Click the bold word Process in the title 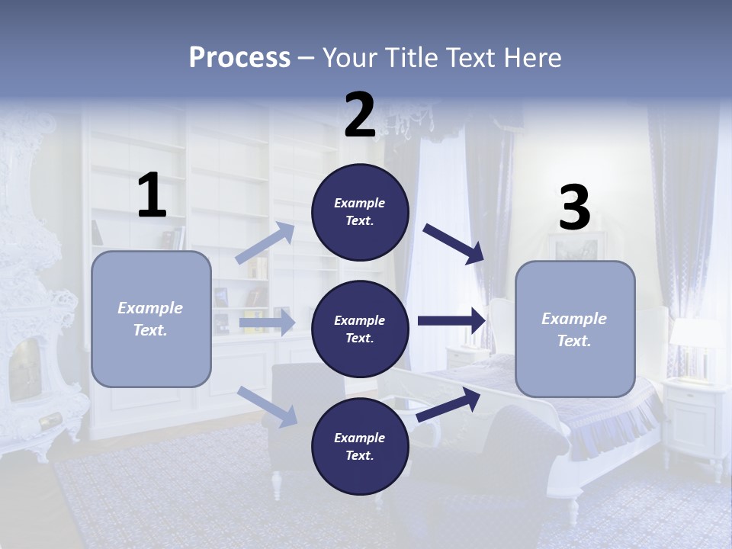pyautogui.click(x=239, y=57)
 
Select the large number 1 pyautogui.click(x=152, y=196)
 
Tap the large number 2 pyautogui.click(x=360, y=116)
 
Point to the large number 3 pyautogui.click(x=574, y=208)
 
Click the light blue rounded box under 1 pyautogui.click(x=151, y=319)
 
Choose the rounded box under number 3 pyautogui.click(x=575, y=329)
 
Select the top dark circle pyautogui.click(x=360, y=212)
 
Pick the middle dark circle pyautogui.click(x=360, y=329)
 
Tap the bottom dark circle pyautogui.click(x=360, y=446)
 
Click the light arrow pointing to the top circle pyautogui.click(x=265, y=243)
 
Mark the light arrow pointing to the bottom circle pyautogui.click(x=267, y=406)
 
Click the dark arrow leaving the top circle pyautogui.click(x=454, y=243)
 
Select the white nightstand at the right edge pyautogui.click(x=695, y=416)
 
